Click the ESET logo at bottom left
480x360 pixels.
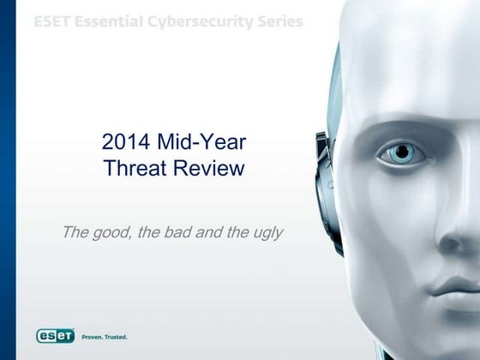[x=55, y=336]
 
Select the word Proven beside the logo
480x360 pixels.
[x=94, y=337]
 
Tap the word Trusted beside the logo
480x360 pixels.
[x=117, y=337]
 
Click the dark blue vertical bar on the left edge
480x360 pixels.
[x=8, y=180]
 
